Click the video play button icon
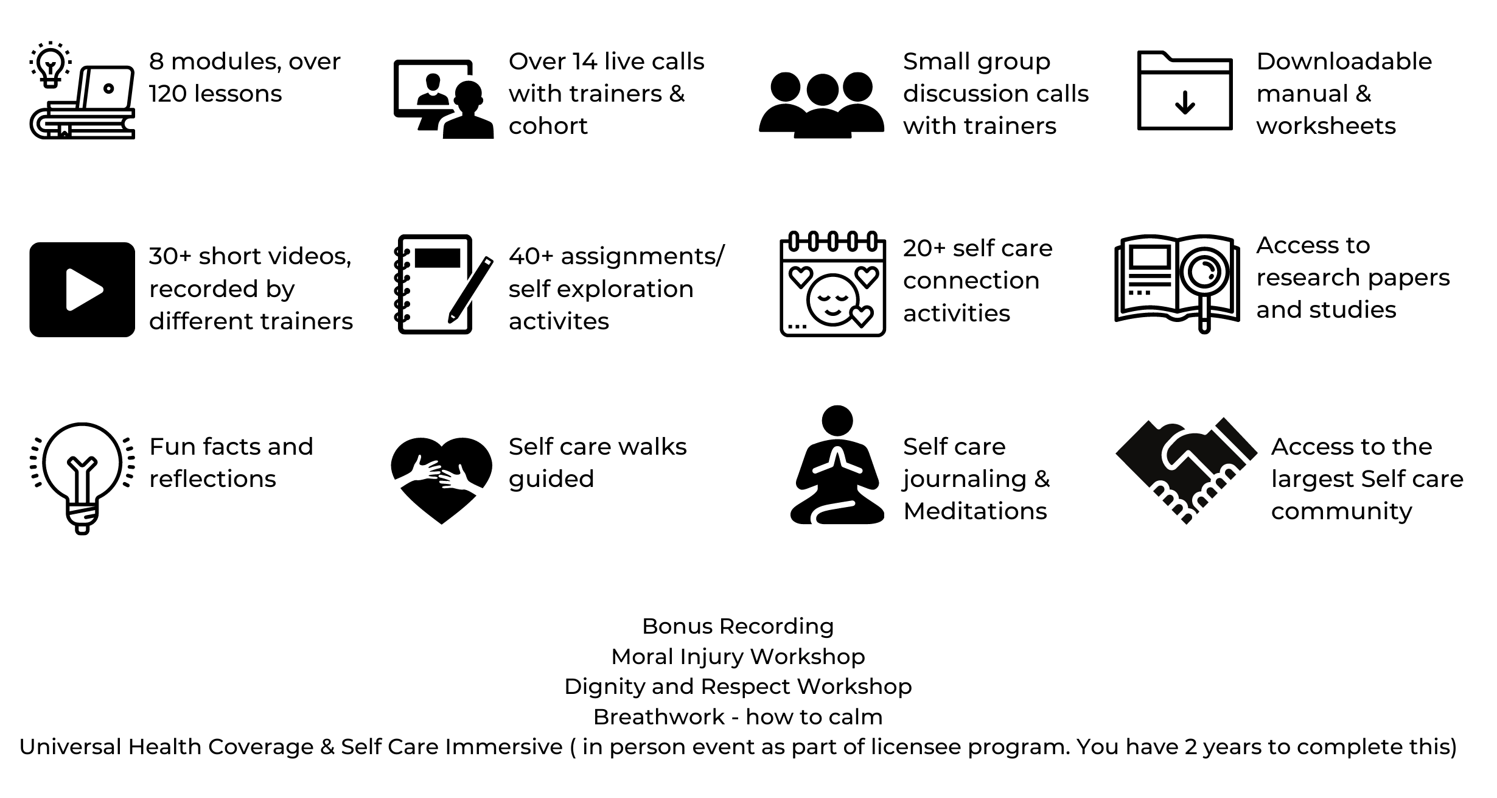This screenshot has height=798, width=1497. coord(82,290)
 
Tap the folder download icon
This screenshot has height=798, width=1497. coord(1185,91)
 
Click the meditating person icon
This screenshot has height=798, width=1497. coord(837,466)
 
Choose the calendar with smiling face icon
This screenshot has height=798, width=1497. coord(832,284)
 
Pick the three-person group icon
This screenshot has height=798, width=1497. coord(822,105)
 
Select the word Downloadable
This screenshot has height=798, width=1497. coord(1344,61)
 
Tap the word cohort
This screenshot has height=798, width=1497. coord(548,127)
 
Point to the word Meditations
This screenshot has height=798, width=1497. coord(975,511)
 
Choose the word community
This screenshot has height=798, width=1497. coord(1341,511)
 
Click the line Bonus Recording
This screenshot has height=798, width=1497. coord(738,626)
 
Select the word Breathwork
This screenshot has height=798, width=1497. coord(658,717)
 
